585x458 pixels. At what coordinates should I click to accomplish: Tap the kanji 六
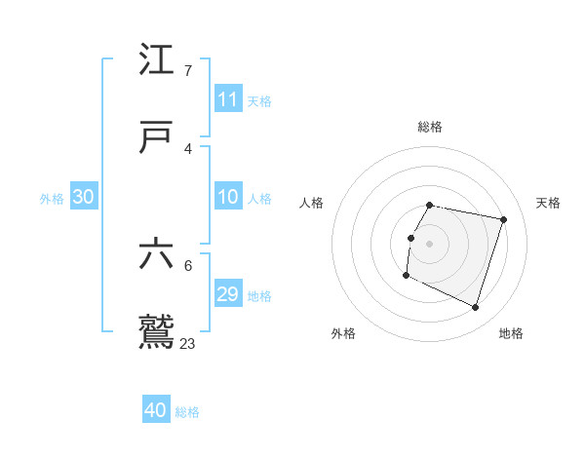pos(157,254)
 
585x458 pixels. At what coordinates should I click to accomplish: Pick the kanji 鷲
pos(157,332)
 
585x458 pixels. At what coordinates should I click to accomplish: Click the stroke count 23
pos(188,343)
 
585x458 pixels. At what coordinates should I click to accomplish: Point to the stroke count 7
pos(188,70)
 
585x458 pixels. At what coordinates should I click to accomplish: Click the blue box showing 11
pos(228,99)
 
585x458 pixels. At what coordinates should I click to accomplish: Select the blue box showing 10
pos(228,197)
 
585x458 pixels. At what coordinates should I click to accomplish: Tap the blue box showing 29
pos(228,294)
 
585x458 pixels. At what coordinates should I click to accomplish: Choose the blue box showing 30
pos(84,197)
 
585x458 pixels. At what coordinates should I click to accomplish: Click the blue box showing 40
pos(156,410)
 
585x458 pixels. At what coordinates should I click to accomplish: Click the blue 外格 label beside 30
pos(52,198)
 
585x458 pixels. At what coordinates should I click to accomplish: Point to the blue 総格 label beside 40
pos(187,411)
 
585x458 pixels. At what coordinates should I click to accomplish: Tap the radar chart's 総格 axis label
pos(430,127)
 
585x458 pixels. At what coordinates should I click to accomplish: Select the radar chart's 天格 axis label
pos(549,203)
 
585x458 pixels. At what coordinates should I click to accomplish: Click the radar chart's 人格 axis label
pos(312,203)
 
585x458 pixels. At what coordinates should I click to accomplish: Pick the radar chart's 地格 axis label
pos(511,333)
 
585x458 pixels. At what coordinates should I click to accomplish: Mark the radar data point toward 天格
pos(503,219)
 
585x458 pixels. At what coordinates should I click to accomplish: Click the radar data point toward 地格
pos(476,308)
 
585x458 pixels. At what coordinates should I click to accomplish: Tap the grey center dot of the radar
pos(430,243)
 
